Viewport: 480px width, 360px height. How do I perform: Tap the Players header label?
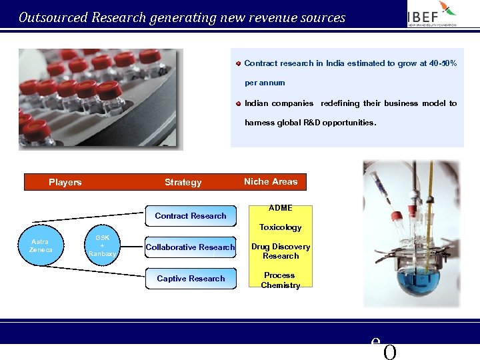(x=65, y=182)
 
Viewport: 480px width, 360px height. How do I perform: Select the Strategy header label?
(x=183, y=182)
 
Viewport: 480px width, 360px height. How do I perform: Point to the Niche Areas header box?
(x=271, y=181)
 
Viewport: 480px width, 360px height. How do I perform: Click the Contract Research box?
(x=191, y=216)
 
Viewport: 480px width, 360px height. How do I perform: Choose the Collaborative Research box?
(x=191, y=247)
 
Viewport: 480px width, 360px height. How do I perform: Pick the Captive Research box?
(x=191, y=279)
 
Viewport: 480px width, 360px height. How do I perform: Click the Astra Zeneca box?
(x=41, y=245)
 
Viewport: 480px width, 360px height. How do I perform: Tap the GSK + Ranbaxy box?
(x=103, y=245)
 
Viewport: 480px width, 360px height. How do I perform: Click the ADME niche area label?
(x=280, y=208)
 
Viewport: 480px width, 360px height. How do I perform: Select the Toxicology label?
(x=280, y=227)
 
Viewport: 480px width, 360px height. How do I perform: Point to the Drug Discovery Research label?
(x=281, y=251)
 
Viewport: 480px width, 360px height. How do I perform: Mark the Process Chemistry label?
(x=280, y=280)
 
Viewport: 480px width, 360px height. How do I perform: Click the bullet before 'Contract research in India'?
(x=237, y=63)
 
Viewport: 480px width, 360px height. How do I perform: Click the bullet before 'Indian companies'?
(x=237, y=103)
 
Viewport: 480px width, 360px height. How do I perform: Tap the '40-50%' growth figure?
(x=441, y=63)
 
